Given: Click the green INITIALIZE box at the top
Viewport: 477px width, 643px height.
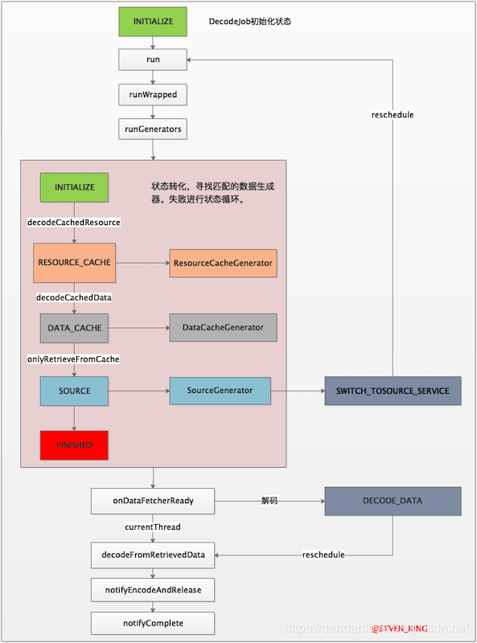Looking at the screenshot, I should tap(153, 22).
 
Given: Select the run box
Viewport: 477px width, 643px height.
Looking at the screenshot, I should tap(153, 59).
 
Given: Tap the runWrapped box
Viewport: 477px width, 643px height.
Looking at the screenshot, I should tap(153, 94).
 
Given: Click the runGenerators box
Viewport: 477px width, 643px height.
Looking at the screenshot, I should tap(153, 129).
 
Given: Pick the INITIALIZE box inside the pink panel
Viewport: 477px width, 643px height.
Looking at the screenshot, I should tap(74, 187).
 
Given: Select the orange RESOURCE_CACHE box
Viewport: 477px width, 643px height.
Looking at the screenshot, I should tap(74, 263).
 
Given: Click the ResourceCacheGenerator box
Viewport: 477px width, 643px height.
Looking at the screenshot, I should tap(223, 263).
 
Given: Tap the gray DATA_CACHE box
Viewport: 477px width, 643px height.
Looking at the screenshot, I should tap(74, 328).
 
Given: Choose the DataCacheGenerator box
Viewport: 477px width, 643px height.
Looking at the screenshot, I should tap(223, 328).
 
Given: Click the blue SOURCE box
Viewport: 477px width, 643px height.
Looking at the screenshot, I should tap(74, 391).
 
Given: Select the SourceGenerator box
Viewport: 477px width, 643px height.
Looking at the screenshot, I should tap(220, 391).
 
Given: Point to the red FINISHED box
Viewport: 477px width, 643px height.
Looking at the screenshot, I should tap(74, 445).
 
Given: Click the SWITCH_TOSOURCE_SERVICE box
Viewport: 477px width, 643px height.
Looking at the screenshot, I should tap(393, 391).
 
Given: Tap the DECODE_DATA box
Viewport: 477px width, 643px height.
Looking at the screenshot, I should tap(393, 501).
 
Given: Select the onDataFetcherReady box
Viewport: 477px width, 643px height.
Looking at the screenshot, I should tap(153, 501).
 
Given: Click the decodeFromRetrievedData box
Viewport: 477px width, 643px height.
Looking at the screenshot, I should tap(153, 555).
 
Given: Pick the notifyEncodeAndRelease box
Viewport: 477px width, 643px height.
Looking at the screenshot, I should tap(153, 589).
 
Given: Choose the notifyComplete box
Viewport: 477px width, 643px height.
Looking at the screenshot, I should tap(153, 623).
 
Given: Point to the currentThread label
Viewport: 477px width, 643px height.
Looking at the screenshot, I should tap(153, 527).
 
